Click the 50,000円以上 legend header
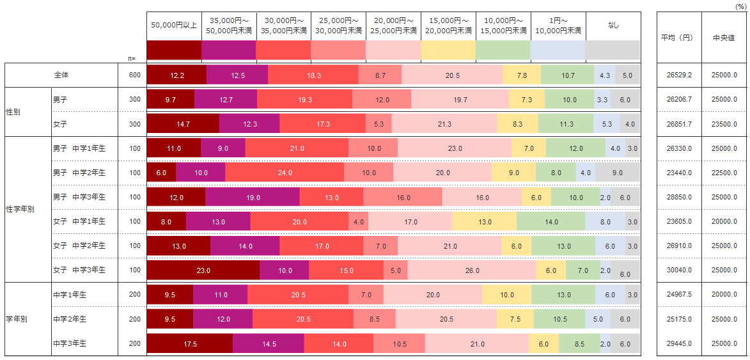174,26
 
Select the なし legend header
613,26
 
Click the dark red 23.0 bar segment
203,270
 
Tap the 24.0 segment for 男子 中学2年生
285,173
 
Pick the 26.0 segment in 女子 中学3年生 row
472,270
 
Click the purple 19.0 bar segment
253,198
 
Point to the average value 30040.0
679,270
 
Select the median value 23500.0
724,124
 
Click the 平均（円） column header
679,37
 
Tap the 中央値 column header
724,37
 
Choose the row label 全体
61,75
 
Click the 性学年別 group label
20,209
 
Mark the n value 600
134,75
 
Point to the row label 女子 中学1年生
79,221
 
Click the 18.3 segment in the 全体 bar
313,75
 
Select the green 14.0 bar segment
551,222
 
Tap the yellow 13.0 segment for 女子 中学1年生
484,222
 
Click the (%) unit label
741,5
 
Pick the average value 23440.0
679,173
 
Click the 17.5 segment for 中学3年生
190,344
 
